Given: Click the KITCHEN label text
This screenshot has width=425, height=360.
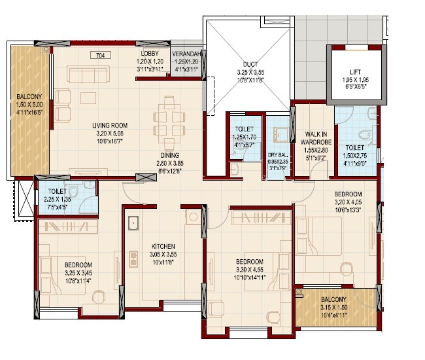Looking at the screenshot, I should [158, 239].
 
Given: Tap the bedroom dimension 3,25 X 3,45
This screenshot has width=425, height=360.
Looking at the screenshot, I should [77, 273].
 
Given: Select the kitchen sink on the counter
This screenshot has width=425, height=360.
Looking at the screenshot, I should [133, 224].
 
